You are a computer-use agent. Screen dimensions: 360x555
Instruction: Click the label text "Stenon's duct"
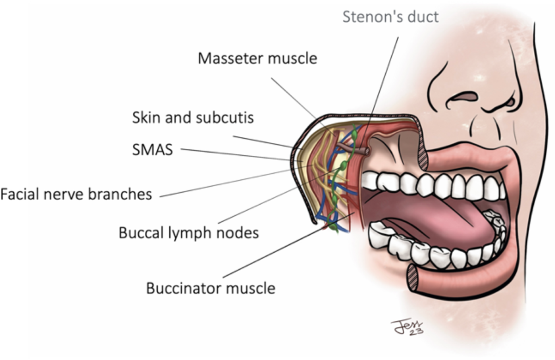[390, 17]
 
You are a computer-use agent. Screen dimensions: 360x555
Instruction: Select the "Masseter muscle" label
[258, 59]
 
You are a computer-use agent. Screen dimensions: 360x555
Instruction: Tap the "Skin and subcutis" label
[193, 117]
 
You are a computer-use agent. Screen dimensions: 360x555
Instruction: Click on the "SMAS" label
[152, 150]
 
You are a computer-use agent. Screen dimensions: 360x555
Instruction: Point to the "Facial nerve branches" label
[76, 194]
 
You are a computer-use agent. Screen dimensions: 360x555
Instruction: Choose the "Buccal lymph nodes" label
[188, 232]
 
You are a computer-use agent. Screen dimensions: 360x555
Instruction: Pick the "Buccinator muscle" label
[210, 288]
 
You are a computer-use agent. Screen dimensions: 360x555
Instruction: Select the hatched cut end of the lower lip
[413, 277]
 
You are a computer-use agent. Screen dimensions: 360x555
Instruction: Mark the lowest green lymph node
[333, 227]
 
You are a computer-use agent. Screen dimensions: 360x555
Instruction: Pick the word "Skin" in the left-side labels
[143, 117]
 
